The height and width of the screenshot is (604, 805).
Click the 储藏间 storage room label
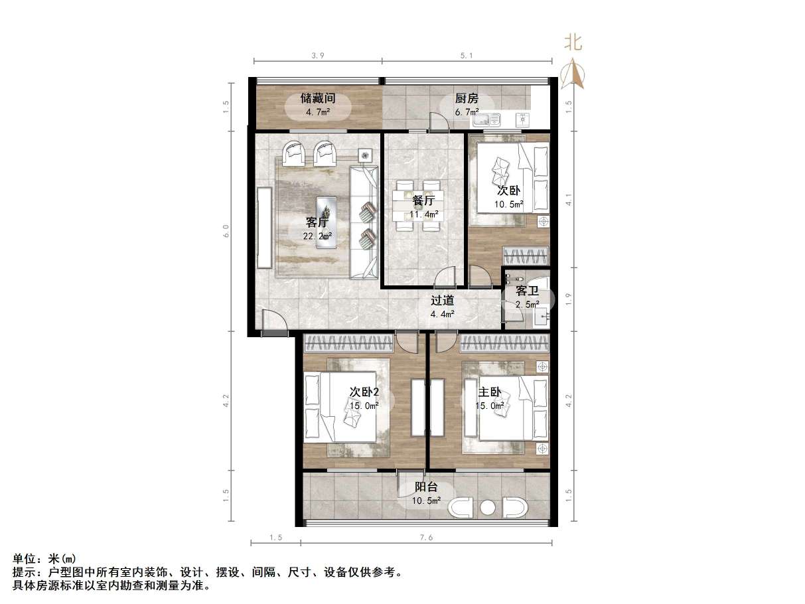coord(318,98)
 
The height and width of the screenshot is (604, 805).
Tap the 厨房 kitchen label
coord(467,98)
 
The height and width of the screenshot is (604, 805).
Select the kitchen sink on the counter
coord(486,119)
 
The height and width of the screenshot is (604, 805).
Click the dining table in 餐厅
coord(417,206)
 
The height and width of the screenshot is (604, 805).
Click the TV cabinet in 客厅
coord(264,228)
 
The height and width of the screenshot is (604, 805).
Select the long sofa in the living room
coord(364,222)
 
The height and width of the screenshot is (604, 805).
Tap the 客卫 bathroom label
coord(527,291)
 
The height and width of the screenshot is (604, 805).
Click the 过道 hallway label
coord(442,301)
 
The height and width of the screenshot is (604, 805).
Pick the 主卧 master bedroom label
coord(490,392)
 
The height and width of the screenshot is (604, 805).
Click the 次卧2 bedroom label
coord(364,392)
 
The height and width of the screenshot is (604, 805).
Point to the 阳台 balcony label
coord(426,487)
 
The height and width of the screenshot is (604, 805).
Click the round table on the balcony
coord(488,508)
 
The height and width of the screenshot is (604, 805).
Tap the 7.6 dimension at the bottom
coord(426,538)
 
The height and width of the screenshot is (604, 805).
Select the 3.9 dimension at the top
coord(318,56)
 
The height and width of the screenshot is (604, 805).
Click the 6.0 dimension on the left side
coord(226,231)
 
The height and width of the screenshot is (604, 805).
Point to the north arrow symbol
coord(573,74)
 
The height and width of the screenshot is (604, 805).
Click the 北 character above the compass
coord(573,43)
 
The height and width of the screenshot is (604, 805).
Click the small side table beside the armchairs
coord(365,155)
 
